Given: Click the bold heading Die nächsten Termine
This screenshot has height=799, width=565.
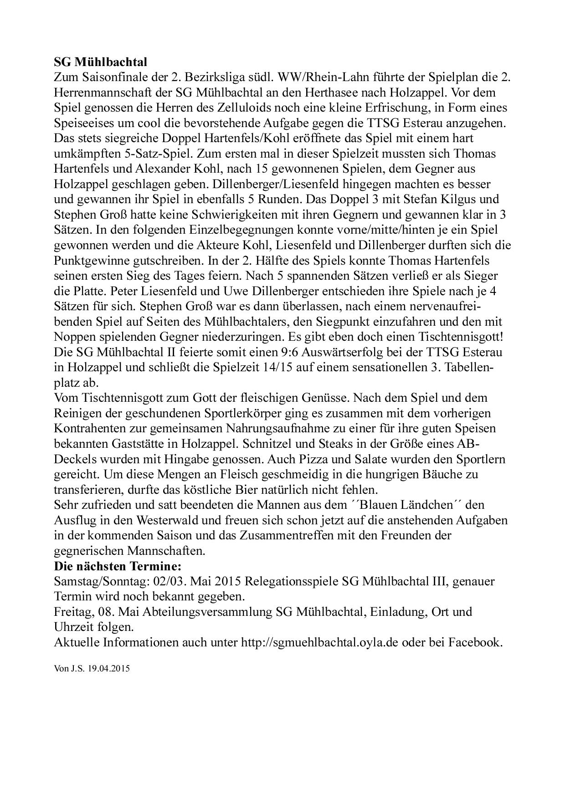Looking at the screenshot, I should [x=118, y=566].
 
